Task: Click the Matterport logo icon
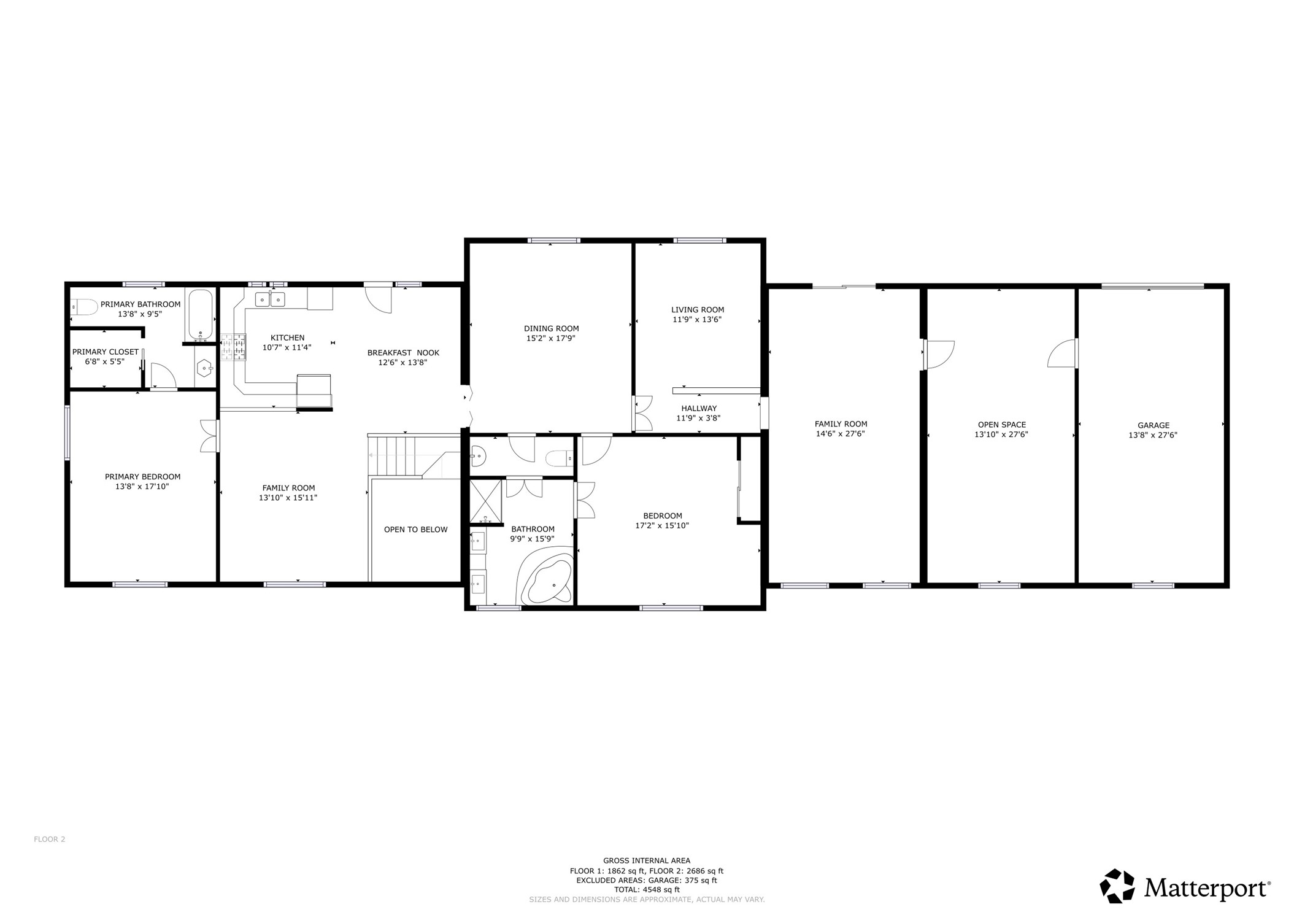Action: click(1117, 886)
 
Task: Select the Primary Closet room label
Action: click(105, 352)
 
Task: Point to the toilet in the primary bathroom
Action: click(83, 306)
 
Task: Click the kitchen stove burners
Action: click(233, 347)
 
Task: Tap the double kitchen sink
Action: click(270, 299)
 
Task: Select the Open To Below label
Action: click(415, 530)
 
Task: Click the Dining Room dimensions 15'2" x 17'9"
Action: click(551, 338)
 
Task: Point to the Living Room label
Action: click(698, 310)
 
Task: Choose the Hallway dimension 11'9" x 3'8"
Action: click(698, 418)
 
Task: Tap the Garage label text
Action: click(1153, 425)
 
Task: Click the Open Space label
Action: click(1001, 425)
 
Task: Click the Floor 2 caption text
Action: click(49, 840)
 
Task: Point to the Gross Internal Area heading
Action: click(647, 860)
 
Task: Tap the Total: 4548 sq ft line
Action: click(647, 890)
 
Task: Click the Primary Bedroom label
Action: click(142, 477)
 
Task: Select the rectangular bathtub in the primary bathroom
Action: click(200, 315)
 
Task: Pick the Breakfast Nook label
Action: click(403, 353)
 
